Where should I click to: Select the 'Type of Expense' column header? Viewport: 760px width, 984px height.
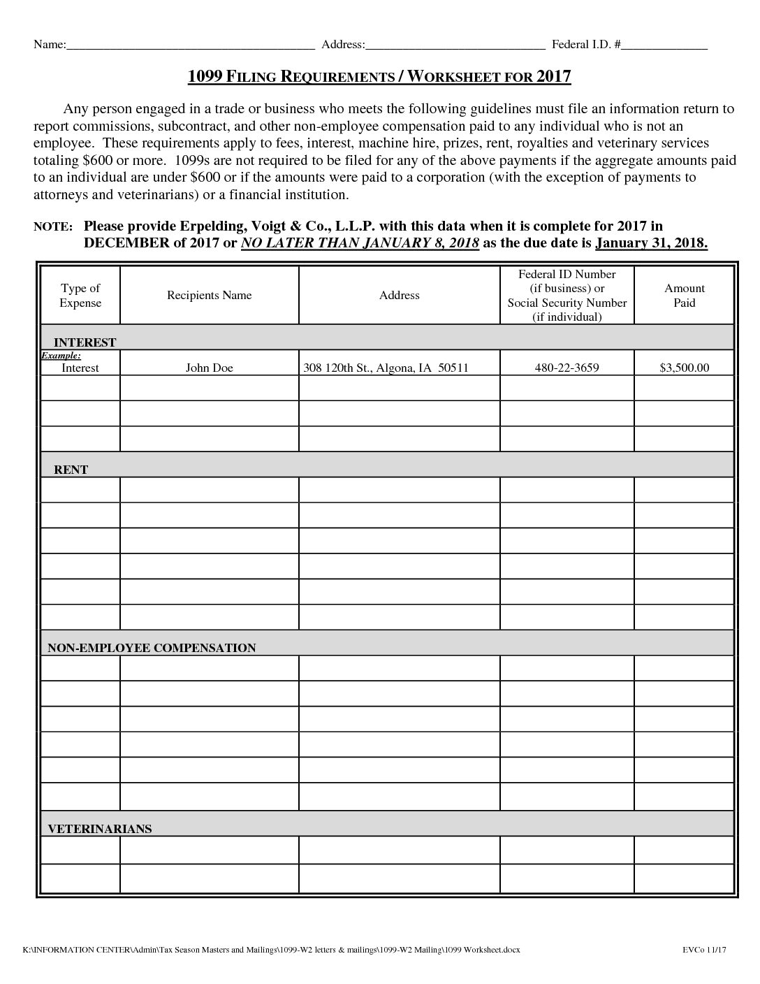(x=80, y=295)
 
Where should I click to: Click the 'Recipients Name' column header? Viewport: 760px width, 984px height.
(x=209, y=295)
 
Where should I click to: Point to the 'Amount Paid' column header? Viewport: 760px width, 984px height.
(x=684, y=295)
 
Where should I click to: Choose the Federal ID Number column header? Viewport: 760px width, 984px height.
(x=567, y=295)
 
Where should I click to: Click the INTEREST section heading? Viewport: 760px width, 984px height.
(x=85, y=342)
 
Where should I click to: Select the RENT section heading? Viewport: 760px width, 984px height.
(x=71, y=470)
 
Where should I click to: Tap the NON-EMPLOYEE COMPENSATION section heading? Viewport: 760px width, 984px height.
(x=152, y=648)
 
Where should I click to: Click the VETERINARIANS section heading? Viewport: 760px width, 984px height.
(x=99, y=829)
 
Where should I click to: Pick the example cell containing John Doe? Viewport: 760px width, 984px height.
(x=209, y=368)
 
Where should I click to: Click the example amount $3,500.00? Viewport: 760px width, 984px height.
(x=684, y=368)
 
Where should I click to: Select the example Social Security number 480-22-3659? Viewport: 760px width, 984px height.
(x=567, y=368)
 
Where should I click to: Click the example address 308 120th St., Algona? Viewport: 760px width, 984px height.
(x=385, y=368)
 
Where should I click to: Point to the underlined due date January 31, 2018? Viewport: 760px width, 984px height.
(x=651, y=243)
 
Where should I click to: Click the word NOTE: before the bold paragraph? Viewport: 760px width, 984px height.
(x=53, y=227)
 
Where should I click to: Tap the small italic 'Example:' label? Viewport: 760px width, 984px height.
(x=61, y=356)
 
